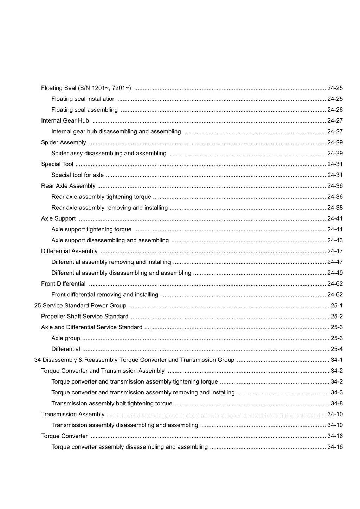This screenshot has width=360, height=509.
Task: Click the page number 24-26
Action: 335,110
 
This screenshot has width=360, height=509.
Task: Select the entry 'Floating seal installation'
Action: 83,99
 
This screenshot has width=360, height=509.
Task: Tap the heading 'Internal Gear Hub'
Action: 65,121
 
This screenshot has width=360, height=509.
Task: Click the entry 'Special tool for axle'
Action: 77,175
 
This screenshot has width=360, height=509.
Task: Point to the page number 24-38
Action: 335,208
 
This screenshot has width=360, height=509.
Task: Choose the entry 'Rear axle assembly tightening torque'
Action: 101,197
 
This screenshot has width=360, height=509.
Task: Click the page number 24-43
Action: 335,240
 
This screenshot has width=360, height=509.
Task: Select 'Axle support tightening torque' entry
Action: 91,229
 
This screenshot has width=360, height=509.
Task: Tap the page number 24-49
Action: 335,273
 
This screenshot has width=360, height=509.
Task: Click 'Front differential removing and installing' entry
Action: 105,295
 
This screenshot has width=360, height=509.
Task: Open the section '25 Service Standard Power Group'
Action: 80,306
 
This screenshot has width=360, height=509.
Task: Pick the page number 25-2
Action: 336,317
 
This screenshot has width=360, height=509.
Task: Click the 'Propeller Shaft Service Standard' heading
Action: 85,317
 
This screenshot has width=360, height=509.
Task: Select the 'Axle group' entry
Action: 66,338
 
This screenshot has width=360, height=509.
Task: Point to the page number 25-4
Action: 336,349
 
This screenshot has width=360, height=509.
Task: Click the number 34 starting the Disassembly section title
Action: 38,360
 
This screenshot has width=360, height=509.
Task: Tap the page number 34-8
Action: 336,404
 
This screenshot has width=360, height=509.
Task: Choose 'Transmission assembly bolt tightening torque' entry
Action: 112,404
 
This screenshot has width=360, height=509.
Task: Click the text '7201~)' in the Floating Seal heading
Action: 121,88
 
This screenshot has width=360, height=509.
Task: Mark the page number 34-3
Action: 336,393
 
